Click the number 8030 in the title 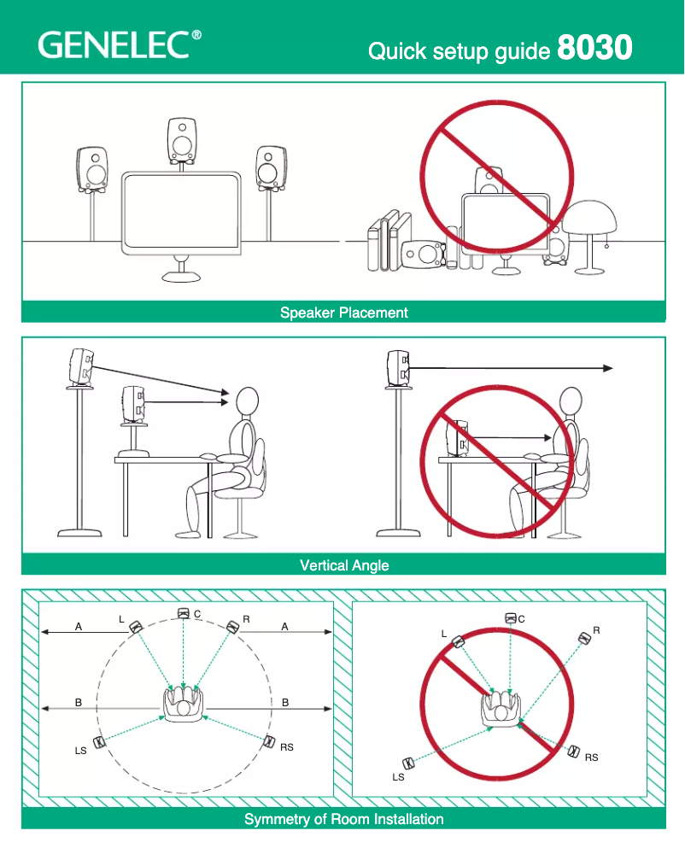click(x=594, y=48)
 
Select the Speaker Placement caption click(x=343, y=313)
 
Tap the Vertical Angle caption click(x=343, y=565)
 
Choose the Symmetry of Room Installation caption click(x=343, y=819)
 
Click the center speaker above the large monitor click(x=182, y=139)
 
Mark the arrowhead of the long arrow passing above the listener click(x=607, y=368)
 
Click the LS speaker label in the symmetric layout click(x=81, y=752)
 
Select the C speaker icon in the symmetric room click(x=183, y=613)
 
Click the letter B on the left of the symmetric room click(x=79, y=703)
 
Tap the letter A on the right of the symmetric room click(x=285, y=627)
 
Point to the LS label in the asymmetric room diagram click(x=398, y=777)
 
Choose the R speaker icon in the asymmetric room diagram click(x=584, y=638)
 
